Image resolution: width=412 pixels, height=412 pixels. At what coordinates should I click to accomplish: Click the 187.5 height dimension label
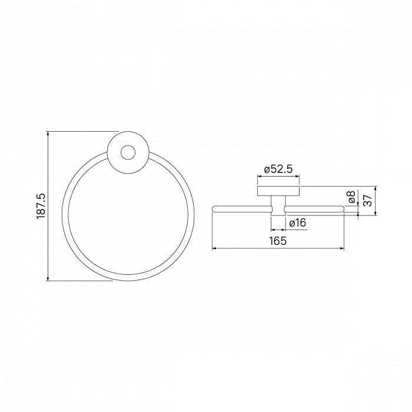click(x=41, y=206)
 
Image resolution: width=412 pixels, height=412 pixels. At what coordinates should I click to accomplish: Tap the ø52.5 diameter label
click(x=278, y=170)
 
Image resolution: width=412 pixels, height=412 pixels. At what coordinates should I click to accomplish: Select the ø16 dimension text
click(x=298, y=223)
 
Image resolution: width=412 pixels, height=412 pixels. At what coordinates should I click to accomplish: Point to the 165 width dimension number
click(x=278, y=241)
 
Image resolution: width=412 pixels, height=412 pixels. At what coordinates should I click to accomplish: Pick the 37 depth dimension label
click(x=368, y=200)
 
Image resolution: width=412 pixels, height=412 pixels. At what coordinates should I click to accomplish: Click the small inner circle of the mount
click(x=128, y=152)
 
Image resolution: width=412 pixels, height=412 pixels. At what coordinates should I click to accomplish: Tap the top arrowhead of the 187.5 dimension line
click(x=48, y=134)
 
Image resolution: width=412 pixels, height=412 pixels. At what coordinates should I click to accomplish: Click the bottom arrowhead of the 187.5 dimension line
click(x=48, y=278)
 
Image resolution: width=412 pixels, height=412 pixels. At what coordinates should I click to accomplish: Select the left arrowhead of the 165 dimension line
click(x=214, y=248)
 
